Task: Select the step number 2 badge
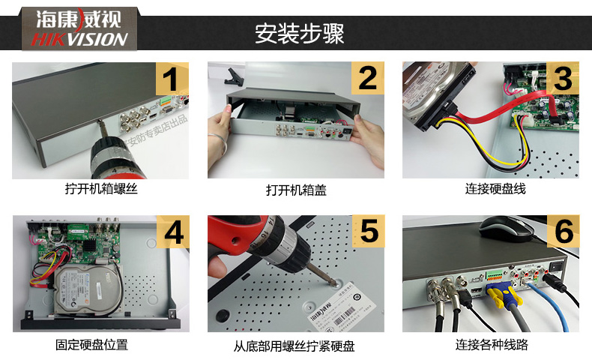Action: pos(367,79)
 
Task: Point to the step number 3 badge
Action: pos(562,79)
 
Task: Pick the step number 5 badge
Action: pos(367,233)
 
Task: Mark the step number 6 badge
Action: pos(562,233)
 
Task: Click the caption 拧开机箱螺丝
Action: pos(101,189)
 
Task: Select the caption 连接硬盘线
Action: pos(495,189)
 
